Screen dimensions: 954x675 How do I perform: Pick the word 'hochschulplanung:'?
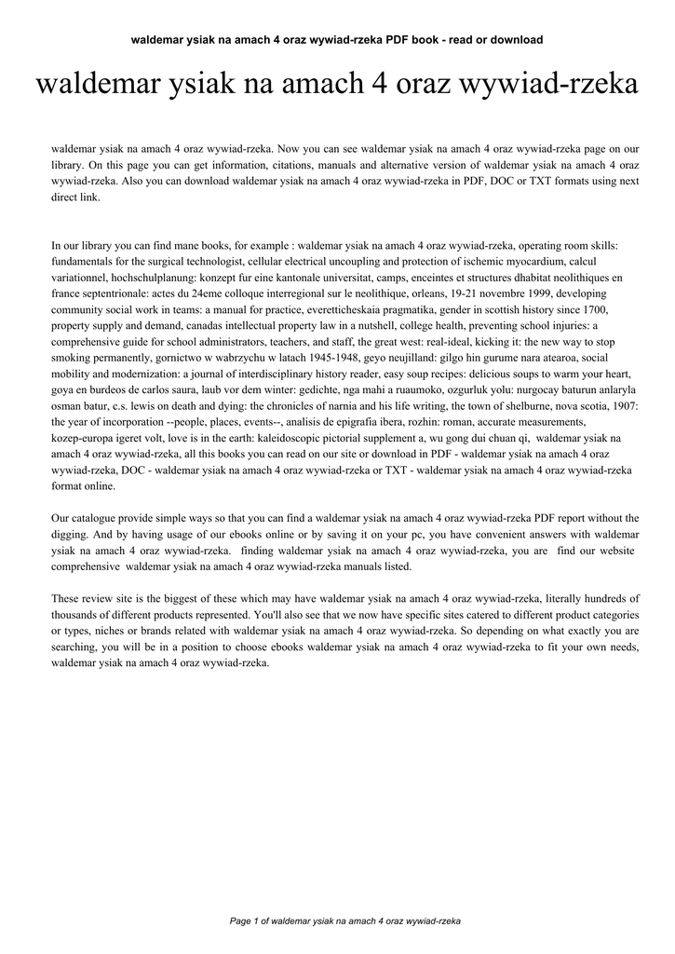pos(157,279)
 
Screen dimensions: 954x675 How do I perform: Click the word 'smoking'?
pos(73,359)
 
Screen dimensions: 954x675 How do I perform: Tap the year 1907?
pos(624,407)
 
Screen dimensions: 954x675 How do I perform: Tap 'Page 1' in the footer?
pos(250,921)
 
